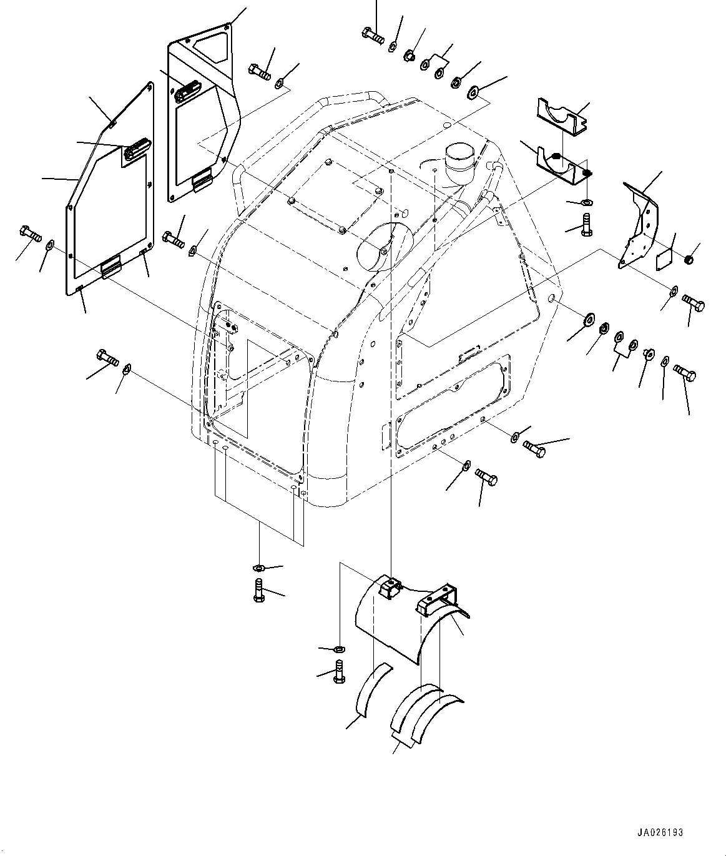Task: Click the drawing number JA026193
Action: point(660,832)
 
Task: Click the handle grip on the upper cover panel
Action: point(185,92)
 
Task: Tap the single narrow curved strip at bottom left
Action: point(373,691)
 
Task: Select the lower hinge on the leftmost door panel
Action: point(112,268)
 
